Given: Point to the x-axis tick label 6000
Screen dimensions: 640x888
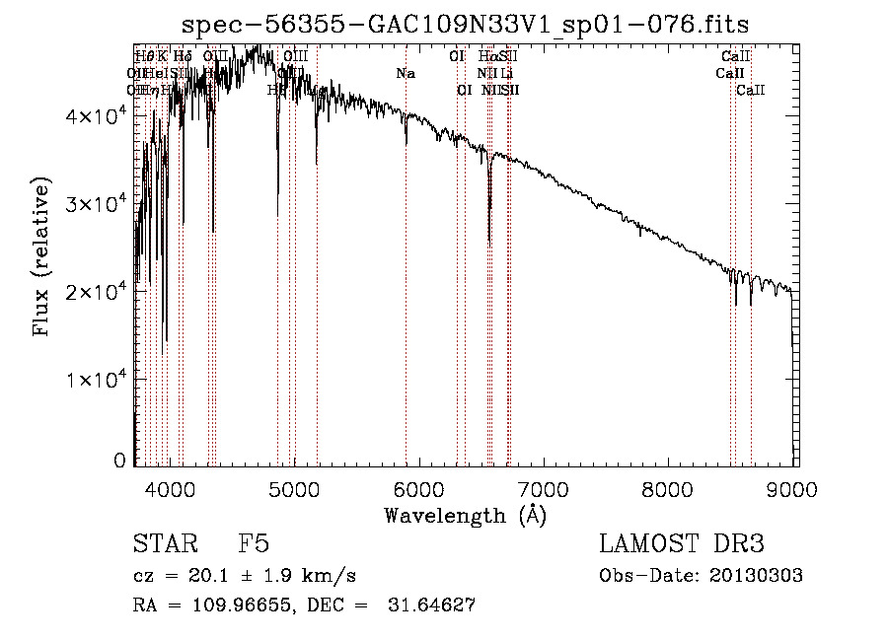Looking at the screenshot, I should pyautogui.click(x=419, y=487).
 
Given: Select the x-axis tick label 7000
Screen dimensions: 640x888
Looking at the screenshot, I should pyautogui.click(x=544, y=487).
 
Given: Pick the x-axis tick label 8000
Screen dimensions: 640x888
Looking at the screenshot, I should pyautogui.click(x=669, y=487).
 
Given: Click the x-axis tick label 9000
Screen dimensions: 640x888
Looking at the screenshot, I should pyautogui.click(x=793, y=487).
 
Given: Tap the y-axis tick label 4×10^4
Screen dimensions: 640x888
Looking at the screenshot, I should pyautogui.click(x=93, y=115).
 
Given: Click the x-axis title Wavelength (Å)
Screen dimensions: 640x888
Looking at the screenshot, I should pyautogui.click(x=465, y=515).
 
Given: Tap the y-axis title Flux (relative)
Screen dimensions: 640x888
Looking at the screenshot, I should pyautogui.click(x=41, y=258).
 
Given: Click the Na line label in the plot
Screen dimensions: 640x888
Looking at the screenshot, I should pyautogui.click(x=405, y=74).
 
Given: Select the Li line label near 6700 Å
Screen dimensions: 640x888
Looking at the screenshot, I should pyautogui.click(x=507, y=74).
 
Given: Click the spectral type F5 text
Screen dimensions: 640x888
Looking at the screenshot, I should pyautogui.click(x=254, y=544).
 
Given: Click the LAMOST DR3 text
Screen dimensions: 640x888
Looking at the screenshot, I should pyautogui.click(x=681, y=544).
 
